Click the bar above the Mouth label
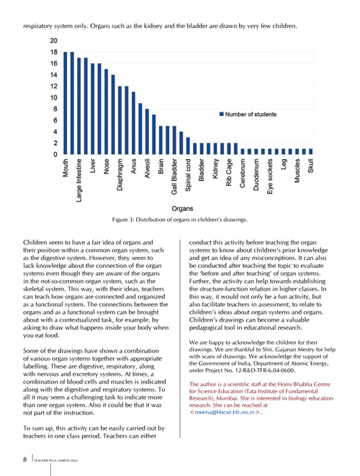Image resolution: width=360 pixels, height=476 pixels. pos(66,103)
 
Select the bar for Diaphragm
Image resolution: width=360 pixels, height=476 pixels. pos(120,120)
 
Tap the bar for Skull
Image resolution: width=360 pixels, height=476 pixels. pos(310,151)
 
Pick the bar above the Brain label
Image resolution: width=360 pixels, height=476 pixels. pos(161,140)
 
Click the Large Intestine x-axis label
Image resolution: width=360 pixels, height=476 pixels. pos(79,180)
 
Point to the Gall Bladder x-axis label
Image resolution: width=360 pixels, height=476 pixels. pos(174,176)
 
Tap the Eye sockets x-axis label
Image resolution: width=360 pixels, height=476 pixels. pos(270,176)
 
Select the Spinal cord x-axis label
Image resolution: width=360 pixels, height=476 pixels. pos(188,175)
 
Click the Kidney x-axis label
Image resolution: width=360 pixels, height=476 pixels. pos(215,169)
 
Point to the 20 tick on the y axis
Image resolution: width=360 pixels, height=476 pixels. pos(54,40)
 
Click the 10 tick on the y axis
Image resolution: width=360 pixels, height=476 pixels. pos(54,98)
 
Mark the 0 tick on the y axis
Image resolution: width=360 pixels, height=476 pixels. pos(55,155)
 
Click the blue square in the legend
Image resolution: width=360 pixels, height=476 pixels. pos(222,114)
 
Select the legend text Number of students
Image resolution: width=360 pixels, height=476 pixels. pos(251,114)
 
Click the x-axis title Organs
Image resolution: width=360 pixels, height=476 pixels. pos(182,209)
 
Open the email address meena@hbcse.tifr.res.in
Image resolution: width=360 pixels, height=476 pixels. pos(225,412)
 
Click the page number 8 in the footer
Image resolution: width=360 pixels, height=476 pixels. pos(25,459)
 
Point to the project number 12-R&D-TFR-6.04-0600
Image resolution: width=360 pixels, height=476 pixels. pos(260,370)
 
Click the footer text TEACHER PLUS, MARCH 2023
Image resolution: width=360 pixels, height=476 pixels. pos(56,461)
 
